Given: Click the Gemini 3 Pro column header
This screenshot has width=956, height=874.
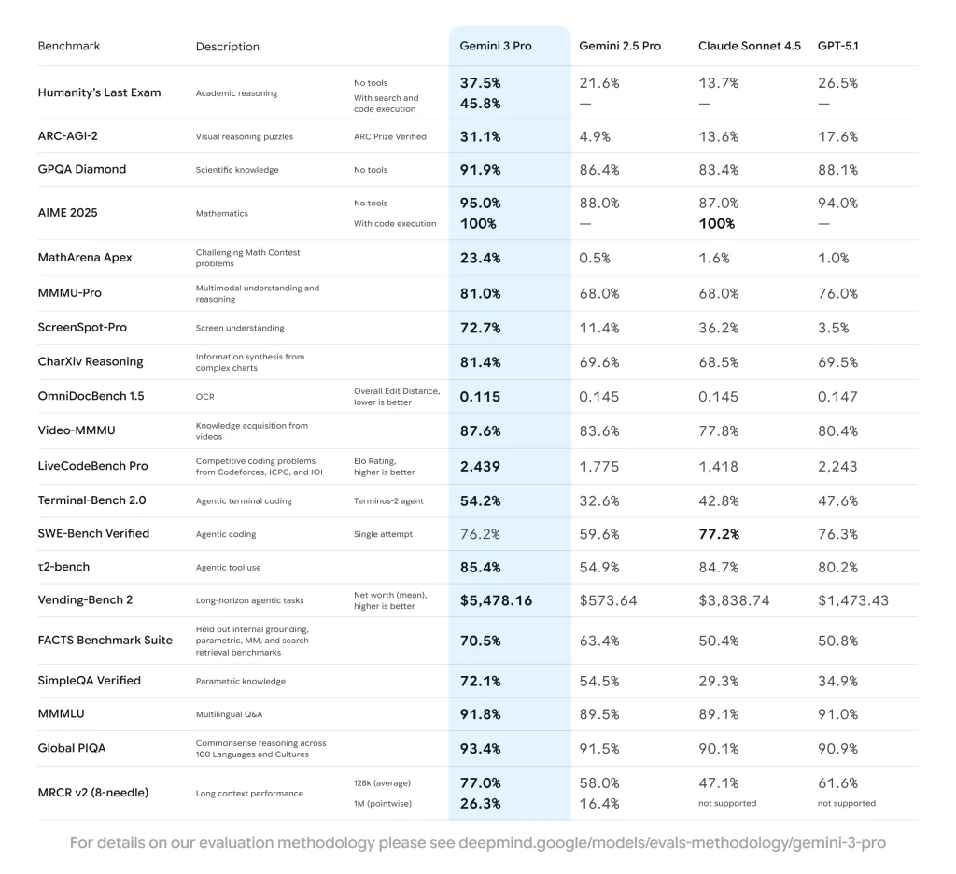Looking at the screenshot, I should pyautogui.click(x=495, y=46).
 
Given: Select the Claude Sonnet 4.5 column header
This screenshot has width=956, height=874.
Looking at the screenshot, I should pyautogui.click(x=749, y=46).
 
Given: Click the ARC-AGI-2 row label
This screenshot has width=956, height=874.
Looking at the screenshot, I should pyautogui.click(x=68, y=136).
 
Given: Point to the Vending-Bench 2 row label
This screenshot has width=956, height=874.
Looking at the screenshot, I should pyautogui.click(x=85, y=599).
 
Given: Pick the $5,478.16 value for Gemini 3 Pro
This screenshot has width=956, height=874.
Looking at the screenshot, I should pyautogui.click(x=496, y=600).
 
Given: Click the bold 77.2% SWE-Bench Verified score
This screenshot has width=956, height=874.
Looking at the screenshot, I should pyautogui.click(x=718, y=534).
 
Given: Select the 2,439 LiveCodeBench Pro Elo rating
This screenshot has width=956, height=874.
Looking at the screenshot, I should pyautogui.click(x=480, y=466).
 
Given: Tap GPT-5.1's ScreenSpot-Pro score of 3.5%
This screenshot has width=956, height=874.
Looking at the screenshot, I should pyautogui.click(x=833, y=328).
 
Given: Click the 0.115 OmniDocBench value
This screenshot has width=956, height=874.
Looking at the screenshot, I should pyautogui.click(x=480, y=396).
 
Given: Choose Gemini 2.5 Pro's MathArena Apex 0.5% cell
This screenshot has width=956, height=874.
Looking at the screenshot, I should pyautogui.click(x=594, y=258).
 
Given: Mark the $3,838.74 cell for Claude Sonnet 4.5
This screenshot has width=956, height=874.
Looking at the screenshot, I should pyautogui.click(x=734, y=600).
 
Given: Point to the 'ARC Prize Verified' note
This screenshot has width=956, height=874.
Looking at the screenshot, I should pyautogui.click(x=389, y=136).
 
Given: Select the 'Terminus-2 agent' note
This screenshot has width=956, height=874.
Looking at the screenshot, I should pyautogui.click(x=388, y=500).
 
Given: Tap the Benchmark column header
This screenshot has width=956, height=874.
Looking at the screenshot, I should pyautogui.click(x=68, y=46).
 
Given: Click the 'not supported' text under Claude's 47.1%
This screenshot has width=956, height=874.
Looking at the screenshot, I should pyautogui.click(x=727, y=803).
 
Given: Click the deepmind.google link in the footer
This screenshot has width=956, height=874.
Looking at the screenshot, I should pyautogui.click(x=671, y=843).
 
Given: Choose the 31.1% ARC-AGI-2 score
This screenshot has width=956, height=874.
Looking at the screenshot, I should pyautogui.click(x=480, y=136).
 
